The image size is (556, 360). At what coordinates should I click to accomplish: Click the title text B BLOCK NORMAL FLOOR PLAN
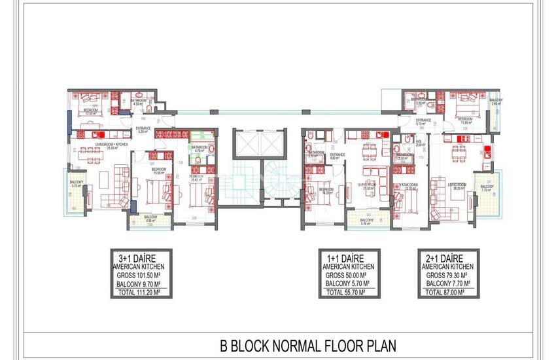(308, 344)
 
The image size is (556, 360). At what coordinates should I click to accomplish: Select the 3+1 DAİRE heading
(143, 258)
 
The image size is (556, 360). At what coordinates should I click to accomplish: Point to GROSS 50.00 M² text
(346, 276)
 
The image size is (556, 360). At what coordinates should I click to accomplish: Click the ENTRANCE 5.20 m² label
(143, 130)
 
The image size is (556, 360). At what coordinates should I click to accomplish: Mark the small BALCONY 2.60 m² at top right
(495, 102)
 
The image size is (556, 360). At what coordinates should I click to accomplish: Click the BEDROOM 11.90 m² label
(466, 120)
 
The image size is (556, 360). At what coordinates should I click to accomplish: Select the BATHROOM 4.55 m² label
(138, 103)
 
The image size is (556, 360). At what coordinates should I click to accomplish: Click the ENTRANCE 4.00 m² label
(336, 156)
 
